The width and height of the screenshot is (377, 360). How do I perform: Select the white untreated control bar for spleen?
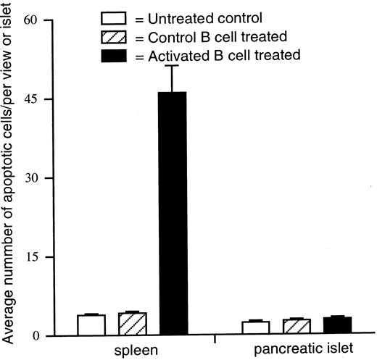[91, 325]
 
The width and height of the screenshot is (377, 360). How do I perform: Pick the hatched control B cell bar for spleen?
[133, 325]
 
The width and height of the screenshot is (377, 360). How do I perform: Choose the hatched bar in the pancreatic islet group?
[297, 327]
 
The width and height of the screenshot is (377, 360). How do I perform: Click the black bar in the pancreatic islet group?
[336, 327]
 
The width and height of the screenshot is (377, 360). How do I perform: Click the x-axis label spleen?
[132, 351]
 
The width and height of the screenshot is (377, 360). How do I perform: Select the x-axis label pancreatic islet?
[296, 351]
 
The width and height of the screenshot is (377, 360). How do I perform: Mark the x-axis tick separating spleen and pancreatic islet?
[215, 339]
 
